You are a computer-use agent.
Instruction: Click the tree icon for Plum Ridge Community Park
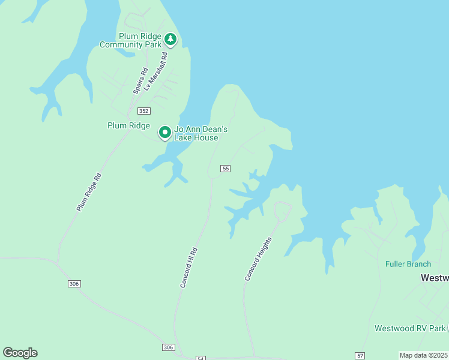coord(170,40)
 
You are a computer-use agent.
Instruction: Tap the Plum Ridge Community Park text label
coord(131,40)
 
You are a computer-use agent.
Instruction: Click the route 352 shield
coord(143,111)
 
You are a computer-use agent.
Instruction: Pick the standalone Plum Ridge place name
coord(128,125)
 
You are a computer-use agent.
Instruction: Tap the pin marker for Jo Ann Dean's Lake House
coord(165,132)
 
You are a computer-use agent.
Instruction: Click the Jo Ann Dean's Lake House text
coord(196,133)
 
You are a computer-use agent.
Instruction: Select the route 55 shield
coord(225,169)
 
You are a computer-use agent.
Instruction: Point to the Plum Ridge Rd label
coord(90,191)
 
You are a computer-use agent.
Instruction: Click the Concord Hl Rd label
coord(189,267)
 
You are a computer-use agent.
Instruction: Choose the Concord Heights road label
coord(259,259)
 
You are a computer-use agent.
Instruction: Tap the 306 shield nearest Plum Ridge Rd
coord(74,283)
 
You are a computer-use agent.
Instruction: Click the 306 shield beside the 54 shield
coord(169,347)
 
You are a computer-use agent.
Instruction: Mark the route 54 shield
coord(200,358)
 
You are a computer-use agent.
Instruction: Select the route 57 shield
coord(360,356)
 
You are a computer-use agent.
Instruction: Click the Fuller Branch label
coord(408,264)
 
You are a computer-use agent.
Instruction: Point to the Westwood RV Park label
coord(410,328)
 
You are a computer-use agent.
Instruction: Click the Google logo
coord(20,353)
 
